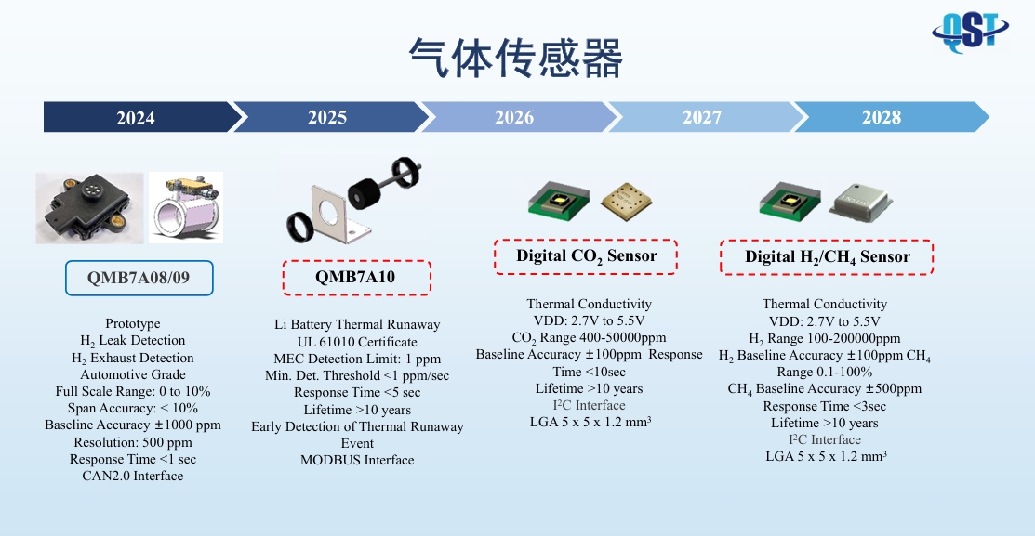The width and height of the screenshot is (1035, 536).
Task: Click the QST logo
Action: (x=970, y=31)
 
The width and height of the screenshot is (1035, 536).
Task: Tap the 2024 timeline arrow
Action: (x=139, y=117)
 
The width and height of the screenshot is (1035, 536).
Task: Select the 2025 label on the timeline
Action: (x=327, y=117)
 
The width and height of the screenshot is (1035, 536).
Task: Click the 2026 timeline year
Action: (x=514, y=117)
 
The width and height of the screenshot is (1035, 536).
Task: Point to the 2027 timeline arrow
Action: (x=702, y=117)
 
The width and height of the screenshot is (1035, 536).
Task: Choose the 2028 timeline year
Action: (x=882, y=117)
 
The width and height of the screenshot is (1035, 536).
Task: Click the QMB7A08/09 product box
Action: (x=139, y=278)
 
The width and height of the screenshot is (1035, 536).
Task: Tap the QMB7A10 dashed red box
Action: (x=356, y=278)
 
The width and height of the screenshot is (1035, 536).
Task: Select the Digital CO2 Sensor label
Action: (x=586, y=256)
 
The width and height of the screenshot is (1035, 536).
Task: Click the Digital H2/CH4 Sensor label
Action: (x=827, y=257)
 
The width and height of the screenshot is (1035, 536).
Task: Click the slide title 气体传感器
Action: (x=516, y=58)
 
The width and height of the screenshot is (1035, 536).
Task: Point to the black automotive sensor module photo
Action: (x=90, y=208)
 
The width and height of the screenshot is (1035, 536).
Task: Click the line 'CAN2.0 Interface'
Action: (x=133, y=476)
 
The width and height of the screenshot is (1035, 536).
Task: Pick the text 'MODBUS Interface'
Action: (x=357, y=460)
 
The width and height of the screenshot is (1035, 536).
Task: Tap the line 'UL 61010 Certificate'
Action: (x=357, y=342)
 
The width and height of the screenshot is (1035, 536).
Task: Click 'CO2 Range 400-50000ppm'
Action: (x=589, y=338)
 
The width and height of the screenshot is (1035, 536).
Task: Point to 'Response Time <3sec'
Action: (x=825, y=406)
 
